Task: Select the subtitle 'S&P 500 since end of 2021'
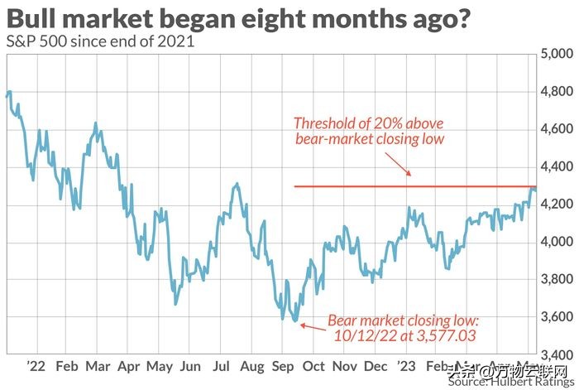click(100, 41)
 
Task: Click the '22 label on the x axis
click(35, 365)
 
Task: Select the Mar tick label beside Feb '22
click(97, 365)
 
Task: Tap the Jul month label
click(220, 365)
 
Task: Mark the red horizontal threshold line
click(414, 186)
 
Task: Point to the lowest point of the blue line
click(295, 320)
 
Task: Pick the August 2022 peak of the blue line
click(237, 185)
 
